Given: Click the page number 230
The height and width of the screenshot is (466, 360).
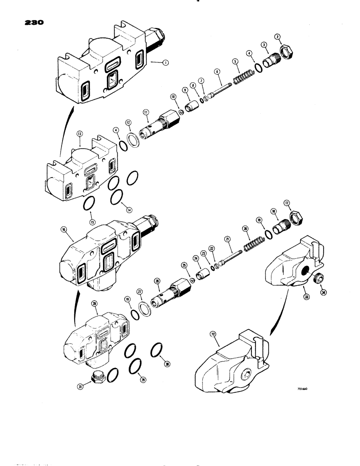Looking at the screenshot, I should [29, 23].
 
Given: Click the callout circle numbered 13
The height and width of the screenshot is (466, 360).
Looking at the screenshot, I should [80, 133].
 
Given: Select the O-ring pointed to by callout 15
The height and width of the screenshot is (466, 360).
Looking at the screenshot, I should [90, 204].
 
